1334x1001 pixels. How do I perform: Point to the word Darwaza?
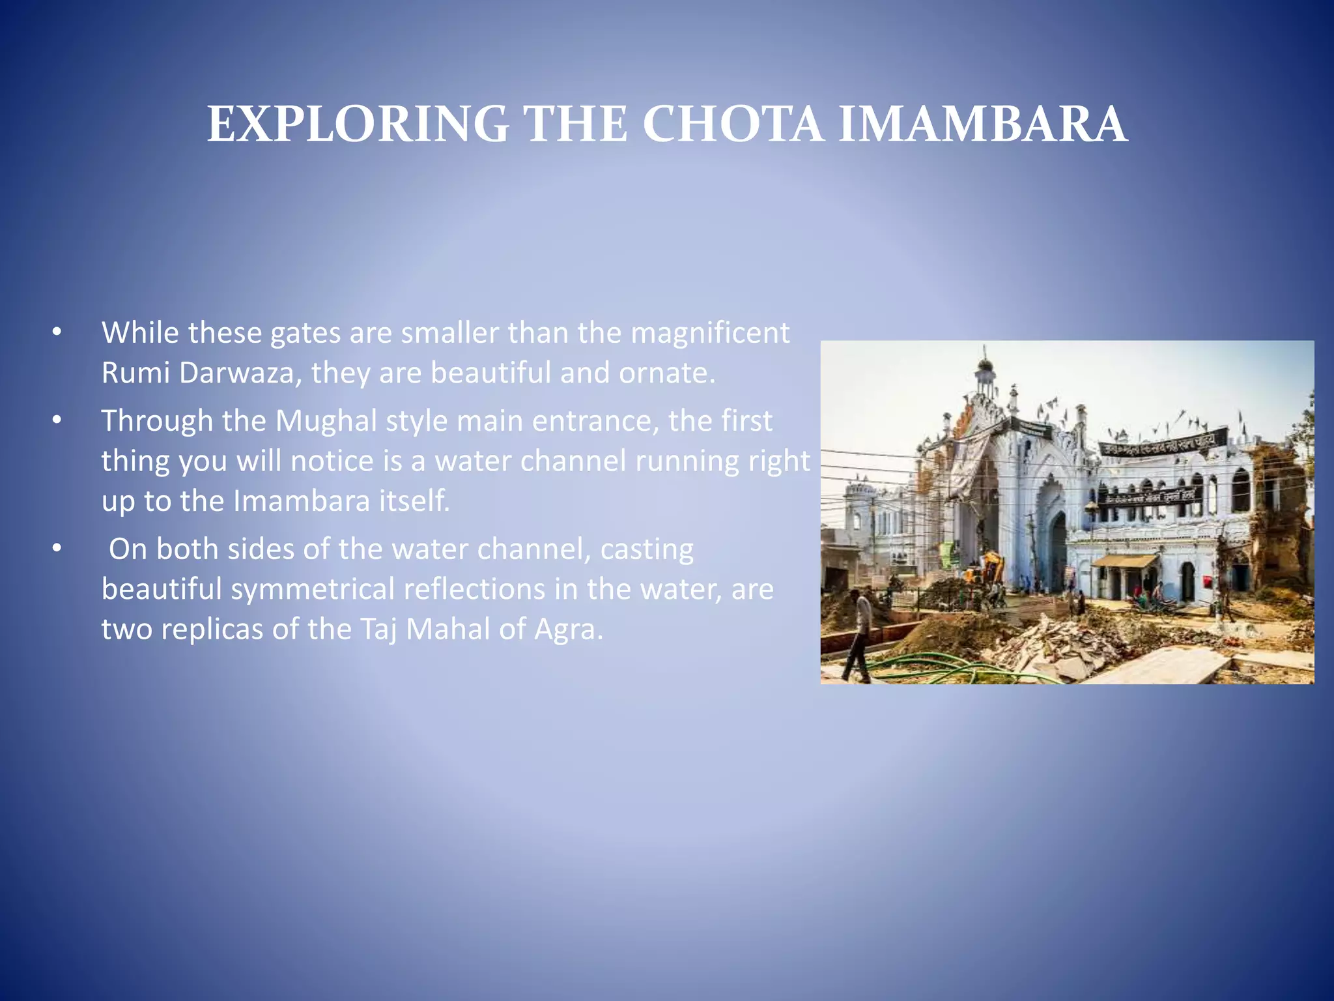(236, 373)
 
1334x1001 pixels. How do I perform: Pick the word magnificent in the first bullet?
(710, 332)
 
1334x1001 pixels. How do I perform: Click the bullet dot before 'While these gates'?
(57, 332)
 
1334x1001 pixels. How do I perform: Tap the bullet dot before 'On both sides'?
(57, 549)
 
